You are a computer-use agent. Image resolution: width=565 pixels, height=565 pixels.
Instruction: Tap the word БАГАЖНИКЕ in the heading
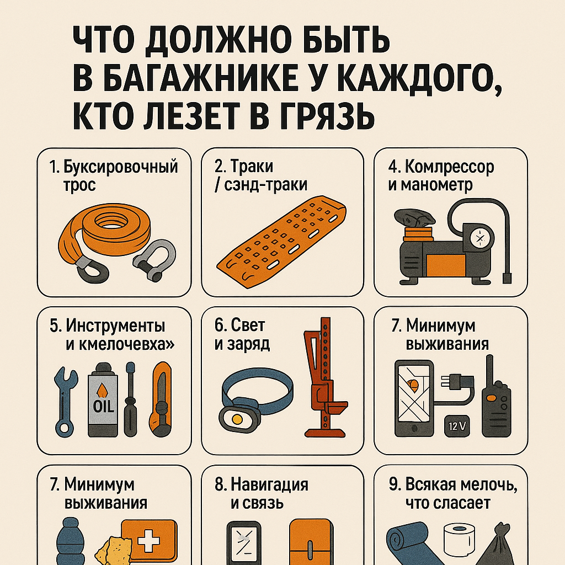pos(185,77)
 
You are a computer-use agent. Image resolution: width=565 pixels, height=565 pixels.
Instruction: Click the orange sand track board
pos(281,242)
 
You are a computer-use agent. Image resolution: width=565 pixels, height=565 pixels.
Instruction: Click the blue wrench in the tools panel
pos(65,402)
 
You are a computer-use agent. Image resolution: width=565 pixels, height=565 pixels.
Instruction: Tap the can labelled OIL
pos(103,400)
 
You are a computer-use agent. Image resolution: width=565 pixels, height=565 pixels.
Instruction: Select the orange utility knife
pos(161,399)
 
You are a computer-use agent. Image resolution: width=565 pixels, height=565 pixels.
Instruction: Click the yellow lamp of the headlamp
pos(237,419)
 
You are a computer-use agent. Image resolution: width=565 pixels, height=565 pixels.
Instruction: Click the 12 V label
pos(457,427)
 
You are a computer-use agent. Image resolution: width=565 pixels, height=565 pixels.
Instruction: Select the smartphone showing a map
pos(414,398)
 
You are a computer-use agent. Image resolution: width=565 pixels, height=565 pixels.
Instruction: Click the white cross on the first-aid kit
pos(148,541)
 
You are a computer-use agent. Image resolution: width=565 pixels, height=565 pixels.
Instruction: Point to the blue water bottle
pos(70,542)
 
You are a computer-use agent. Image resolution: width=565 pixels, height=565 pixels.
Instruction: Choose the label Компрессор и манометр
pos(441,176)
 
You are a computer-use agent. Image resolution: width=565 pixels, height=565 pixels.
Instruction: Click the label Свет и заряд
pos(242,334)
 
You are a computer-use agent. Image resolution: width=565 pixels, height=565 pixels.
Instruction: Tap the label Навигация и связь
pos(261,494)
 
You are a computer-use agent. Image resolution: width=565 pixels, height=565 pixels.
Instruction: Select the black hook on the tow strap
pos(92,270)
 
